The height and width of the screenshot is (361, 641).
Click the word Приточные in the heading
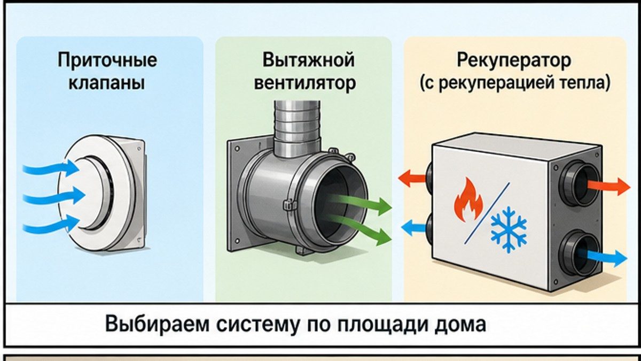click(107, 61)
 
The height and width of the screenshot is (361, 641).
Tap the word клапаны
click(106, 83)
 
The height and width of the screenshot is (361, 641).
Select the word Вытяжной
click(309, 60)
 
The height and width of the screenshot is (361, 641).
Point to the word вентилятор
click(305, 83)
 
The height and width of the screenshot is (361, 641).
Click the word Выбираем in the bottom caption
click(157, 324)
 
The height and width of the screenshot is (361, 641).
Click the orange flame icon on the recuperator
click(468, 199)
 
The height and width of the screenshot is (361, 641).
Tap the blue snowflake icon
click(509, 230)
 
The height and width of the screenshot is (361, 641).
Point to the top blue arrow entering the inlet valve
click(51, 168)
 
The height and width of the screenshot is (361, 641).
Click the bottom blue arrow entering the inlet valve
click(51, 225)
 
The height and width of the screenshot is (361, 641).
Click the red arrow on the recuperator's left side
click(412, 178)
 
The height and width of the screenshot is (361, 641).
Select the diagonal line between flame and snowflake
click(487, 213)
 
